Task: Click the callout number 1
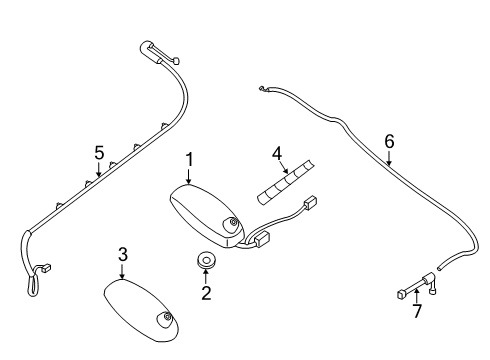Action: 189,160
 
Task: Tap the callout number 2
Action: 206,293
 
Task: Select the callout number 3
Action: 123,254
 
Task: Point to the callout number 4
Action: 277,154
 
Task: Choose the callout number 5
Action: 99,153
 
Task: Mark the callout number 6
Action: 389,141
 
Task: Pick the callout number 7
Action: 417,311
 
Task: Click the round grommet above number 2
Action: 206,259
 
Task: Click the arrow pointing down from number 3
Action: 123,271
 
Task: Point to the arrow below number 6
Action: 389,158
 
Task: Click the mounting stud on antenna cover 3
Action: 166,317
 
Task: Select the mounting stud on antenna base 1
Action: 232,222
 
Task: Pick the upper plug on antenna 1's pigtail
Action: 310,203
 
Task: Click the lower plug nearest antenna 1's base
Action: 262,238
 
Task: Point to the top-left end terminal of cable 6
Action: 262,89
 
